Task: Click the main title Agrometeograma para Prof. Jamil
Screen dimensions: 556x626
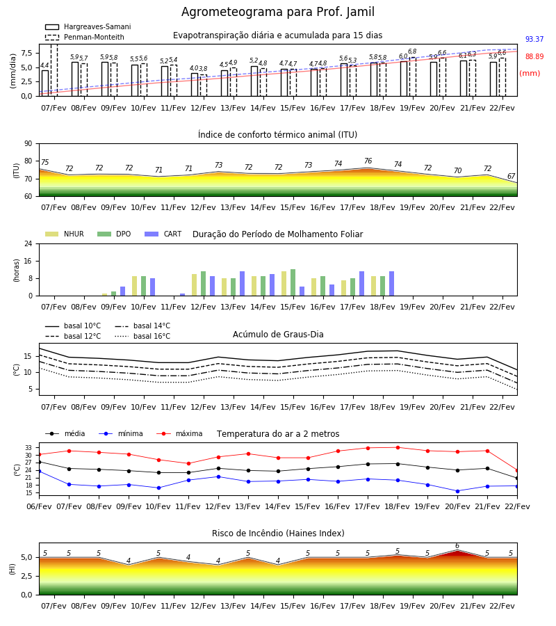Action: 278,12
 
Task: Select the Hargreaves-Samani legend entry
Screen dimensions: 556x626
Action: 88,26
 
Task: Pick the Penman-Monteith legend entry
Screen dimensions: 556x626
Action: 85,37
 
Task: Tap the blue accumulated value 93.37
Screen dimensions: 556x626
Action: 534,39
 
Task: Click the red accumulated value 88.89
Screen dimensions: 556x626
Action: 534,57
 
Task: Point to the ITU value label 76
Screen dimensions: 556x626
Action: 368,161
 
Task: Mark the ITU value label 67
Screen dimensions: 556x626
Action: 512,176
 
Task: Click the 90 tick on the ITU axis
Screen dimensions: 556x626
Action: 28,144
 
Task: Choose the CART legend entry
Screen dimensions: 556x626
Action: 163,234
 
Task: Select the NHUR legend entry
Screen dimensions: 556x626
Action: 65,234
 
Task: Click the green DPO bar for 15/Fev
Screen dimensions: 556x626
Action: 293,282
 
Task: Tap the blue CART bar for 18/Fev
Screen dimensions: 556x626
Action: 392,284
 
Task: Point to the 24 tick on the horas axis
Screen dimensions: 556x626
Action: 28,243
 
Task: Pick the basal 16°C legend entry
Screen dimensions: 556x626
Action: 142,336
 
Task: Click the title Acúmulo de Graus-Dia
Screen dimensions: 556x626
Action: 278,334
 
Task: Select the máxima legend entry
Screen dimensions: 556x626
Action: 179,433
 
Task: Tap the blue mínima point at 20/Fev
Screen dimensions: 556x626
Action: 457,492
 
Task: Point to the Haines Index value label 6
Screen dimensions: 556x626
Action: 457,546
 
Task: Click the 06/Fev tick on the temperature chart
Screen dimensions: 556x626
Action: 39,506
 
